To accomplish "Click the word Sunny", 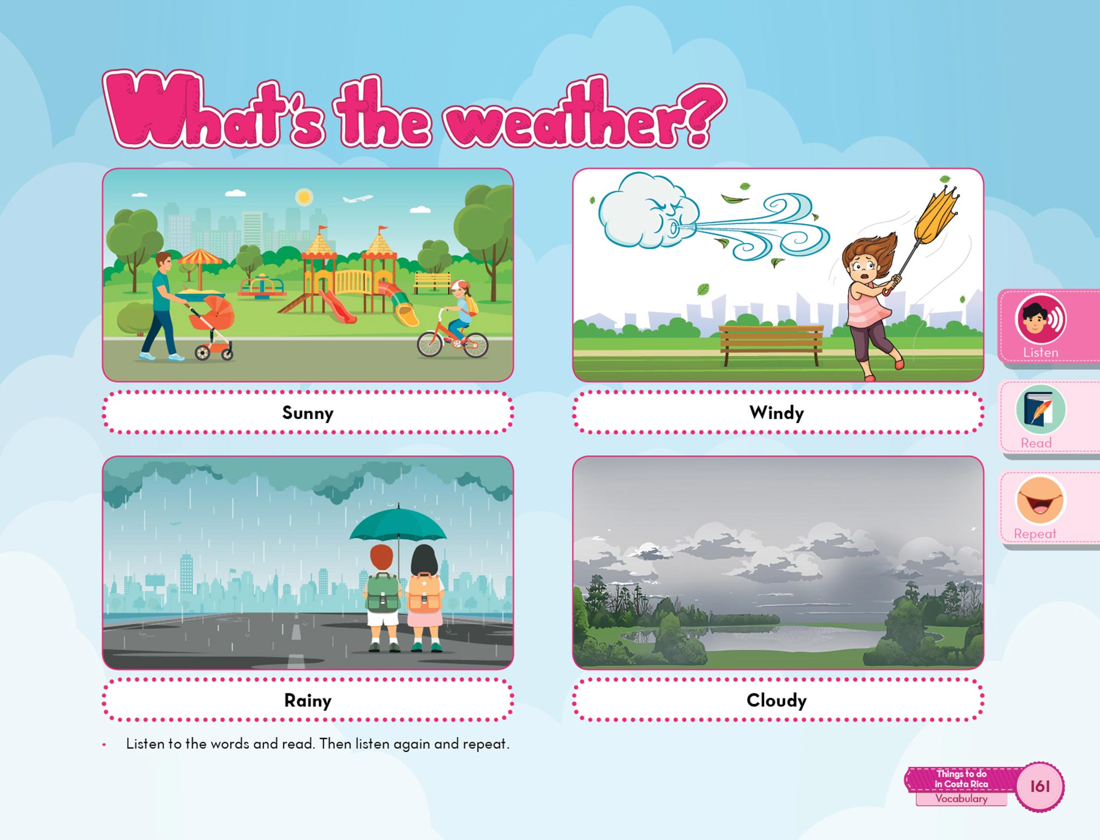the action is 308,413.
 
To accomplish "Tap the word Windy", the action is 777,413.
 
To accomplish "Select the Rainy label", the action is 308,700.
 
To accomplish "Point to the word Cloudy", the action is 777,700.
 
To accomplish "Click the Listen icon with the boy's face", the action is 1040,320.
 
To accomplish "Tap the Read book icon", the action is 1040,410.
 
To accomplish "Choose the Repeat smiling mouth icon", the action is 1040,501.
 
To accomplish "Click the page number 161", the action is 1040,786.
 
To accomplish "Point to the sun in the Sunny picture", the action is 304,197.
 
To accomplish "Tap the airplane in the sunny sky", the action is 357,199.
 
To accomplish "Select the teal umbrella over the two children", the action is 398,524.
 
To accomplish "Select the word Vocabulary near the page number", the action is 961,799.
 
